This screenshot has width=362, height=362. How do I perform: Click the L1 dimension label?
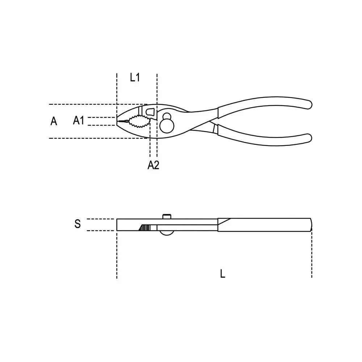135,77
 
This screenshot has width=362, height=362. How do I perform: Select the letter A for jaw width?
54,121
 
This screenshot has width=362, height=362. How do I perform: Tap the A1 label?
79,120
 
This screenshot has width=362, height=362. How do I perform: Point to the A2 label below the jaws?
153,165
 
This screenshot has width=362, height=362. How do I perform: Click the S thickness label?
77,224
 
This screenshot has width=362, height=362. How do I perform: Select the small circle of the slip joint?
167,116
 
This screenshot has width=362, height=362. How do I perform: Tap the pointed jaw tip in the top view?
118,121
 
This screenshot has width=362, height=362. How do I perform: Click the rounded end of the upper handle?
308,104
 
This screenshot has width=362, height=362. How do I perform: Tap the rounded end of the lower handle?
308,138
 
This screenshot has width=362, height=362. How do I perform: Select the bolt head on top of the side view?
167,216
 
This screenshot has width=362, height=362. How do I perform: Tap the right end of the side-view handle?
310,225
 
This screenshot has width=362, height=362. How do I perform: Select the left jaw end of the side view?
118,225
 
